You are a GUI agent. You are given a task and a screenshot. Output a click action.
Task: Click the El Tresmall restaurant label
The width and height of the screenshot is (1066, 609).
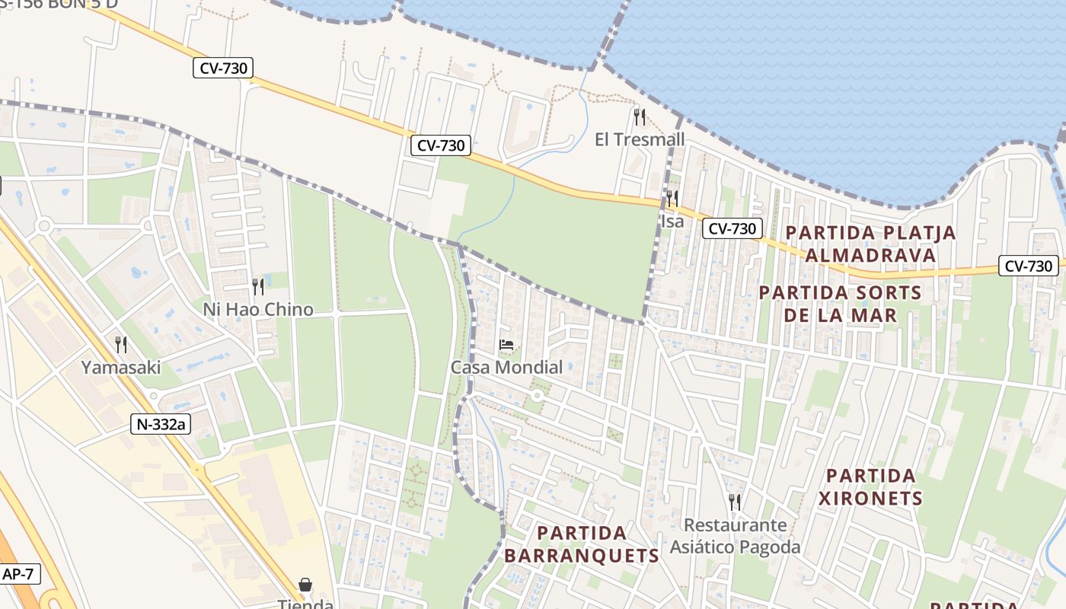(639, 139)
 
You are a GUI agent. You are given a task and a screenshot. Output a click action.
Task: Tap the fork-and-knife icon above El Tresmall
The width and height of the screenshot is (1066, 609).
(640, 116)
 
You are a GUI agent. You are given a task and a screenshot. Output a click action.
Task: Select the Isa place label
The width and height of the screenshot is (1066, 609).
(672, 222)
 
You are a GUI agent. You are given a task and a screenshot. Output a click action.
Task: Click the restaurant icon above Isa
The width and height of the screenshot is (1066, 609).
(672, 199)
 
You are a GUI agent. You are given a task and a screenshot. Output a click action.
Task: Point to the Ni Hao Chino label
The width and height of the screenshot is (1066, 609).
(257, 309)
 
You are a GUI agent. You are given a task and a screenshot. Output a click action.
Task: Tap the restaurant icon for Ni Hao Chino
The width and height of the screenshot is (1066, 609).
(258, 286)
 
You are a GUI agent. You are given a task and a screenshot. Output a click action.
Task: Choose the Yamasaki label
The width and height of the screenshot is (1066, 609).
(121, 367)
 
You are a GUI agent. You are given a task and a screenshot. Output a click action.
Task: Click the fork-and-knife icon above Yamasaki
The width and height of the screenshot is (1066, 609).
(121, 345)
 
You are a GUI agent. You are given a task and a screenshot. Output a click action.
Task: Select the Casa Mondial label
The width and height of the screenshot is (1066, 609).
(506, 367)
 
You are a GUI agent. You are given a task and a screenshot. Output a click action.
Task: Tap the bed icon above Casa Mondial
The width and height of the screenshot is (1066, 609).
(506, 345)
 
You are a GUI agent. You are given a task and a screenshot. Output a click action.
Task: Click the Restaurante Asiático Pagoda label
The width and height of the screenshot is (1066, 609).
(735, 536)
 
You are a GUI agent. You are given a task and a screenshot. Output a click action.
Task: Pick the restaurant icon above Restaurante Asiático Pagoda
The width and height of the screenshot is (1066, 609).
(735, 502)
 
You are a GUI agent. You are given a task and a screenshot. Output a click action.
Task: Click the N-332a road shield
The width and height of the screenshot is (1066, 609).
(160, 424)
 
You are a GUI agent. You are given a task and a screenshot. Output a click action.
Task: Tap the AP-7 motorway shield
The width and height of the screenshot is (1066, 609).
(19, 573)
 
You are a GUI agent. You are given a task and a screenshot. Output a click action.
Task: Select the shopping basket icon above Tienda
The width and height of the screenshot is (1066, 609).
(305, 585)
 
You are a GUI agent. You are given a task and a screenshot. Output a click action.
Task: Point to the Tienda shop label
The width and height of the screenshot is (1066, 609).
(305, 604)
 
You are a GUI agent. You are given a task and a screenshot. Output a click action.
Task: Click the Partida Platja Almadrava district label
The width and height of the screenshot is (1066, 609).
(870, 244)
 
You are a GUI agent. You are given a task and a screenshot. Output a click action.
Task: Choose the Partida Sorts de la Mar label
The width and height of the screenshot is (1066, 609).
(840, 304)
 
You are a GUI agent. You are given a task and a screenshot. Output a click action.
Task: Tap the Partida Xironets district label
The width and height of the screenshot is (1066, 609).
(870, 487)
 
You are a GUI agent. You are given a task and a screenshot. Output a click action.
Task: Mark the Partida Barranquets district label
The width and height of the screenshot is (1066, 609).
(581, 544)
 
